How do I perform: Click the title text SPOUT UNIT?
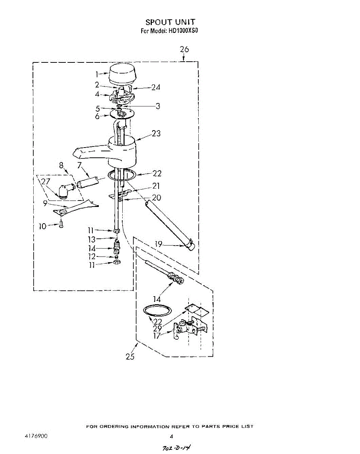[x=170, y=23]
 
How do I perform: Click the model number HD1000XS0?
[x=182, y=31]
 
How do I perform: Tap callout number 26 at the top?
[x=184, y=50]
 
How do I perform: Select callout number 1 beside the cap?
[x=97, y=74]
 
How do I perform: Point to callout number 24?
[x=156, y=87]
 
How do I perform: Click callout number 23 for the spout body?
[x=156, y=134]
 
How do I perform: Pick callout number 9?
[x=45, y=203]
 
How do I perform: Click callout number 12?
[x=92, y=257]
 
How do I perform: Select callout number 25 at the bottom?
[x=130, y=356]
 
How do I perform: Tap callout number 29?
[x=157, y=328]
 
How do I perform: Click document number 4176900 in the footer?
[x=36, y=436]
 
